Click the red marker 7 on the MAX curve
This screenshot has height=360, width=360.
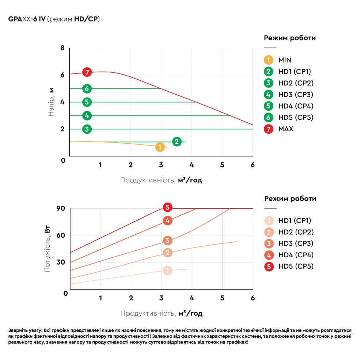point(87,72)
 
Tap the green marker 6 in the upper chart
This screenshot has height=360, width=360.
point(87,88)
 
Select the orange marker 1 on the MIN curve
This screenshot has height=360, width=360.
point(160,147)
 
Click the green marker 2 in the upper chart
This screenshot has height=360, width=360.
point(177,142)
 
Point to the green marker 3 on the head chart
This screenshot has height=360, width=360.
point(87,129)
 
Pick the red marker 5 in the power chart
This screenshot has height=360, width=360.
point(167,208)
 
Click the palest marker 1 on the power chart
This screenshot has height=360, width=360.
point(167,270)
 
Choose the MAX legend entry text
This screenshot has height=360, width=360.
point(286,129)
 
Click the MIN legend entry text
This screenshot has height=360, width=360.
point(285,60)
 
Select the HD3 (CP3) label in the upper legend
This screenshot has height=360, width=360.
point(296,95)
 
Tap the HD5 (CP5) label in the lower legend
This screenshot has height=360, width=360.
point(296,266)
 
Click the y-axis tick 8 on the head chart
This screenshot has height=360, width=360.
point(62,48)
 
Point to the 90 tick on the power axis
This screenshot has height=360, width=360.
point(60,208)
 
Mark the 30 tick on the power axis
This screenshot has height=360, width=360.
point(60,262)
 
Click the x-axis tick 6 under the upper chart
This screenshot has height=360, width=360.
point(253,165)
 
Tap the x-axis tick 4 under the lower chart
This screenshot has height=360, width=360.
point(192,298)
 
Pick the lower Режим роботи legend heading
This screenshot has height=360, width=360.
point(290,199)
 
